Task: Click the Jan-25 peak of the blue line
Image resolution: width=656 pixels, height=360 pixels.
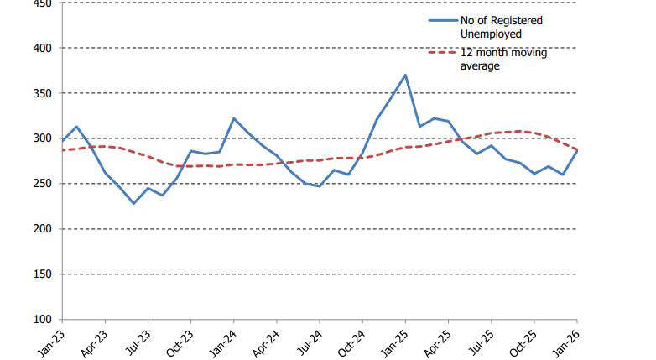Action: (x=406, y=75)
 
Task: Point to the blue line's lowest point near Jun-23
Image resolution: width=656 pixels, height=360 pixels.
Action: (x=133, y=203)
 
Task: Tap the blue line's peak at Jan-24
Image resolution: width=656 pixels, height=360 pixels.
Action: (x=233, y=118)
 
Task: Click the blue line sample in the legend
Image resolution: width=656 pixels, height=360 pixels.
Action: (x=442, y=21)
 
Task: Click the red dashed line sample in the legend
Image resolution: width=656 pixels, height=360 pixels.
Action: (x=442, y=53)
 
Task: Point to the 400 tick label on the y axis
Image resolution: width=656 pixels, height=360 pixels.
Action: (x=43, y=48)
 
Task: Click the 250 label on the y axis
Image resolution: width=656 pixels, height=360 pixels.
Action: (x=43, y=184)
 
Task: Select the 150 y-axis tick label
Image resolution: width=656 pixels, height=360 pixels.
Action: (x=43, y=274)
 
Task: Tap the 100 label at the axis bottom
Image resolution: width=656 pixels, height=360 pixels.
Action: (x=43, y=320)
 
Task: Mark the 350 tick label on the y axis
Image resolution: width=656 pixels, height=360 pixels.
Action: (x=43, y=93)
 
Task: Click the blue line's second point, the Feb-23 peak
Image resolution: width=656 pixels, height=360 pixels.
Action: (x=76, y=127)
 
